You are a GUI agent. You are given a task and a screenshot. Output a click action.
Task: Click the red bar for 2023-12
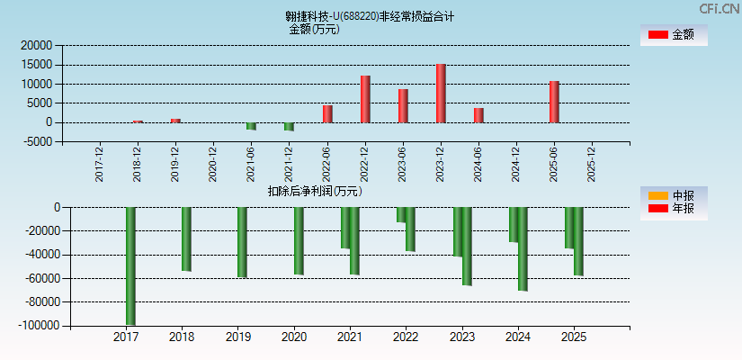[x=441, y=94]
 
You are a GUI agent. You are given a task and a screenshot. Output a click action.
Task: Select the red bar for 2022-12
[x=365, y=99]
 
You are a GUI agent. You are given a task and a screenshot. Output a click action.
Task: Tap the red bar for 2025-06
[x=554, y=102]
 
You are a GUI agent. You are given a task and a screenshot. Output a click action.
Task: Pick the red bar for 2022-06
[x=327, y=113]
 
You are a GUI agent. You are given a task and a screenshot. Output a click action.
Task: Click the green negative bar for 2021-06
[x=252, y=126]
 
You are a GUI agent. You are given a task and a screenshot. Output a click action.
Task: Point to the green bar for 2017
[x=130, y=265]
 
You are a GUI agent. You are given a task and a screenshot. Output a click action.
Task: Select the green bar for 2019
[x=242, y=242]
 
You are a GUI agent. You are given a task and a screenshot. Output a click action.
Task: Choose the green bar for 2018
[x=186, y=238]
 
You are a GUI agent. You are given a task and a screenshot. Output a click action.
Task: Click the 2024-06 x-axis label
[x=479, y=164]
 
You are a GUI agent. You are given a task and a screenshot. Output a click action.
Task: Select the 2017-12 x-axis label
[x=100, y=164]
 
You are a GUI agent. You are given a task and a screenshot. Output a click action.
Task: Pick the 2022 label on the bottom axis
[x=406, y=337]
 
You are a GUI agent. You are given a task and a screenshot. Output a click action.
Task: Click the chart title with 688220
[x=369, y=16]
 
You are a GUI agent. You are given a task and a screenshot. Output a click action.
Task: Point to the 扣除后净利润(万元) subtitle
[x=315, y=191]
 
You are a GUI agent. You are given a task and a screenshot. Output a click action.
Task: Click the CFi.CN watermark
[x=718, y=8]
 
